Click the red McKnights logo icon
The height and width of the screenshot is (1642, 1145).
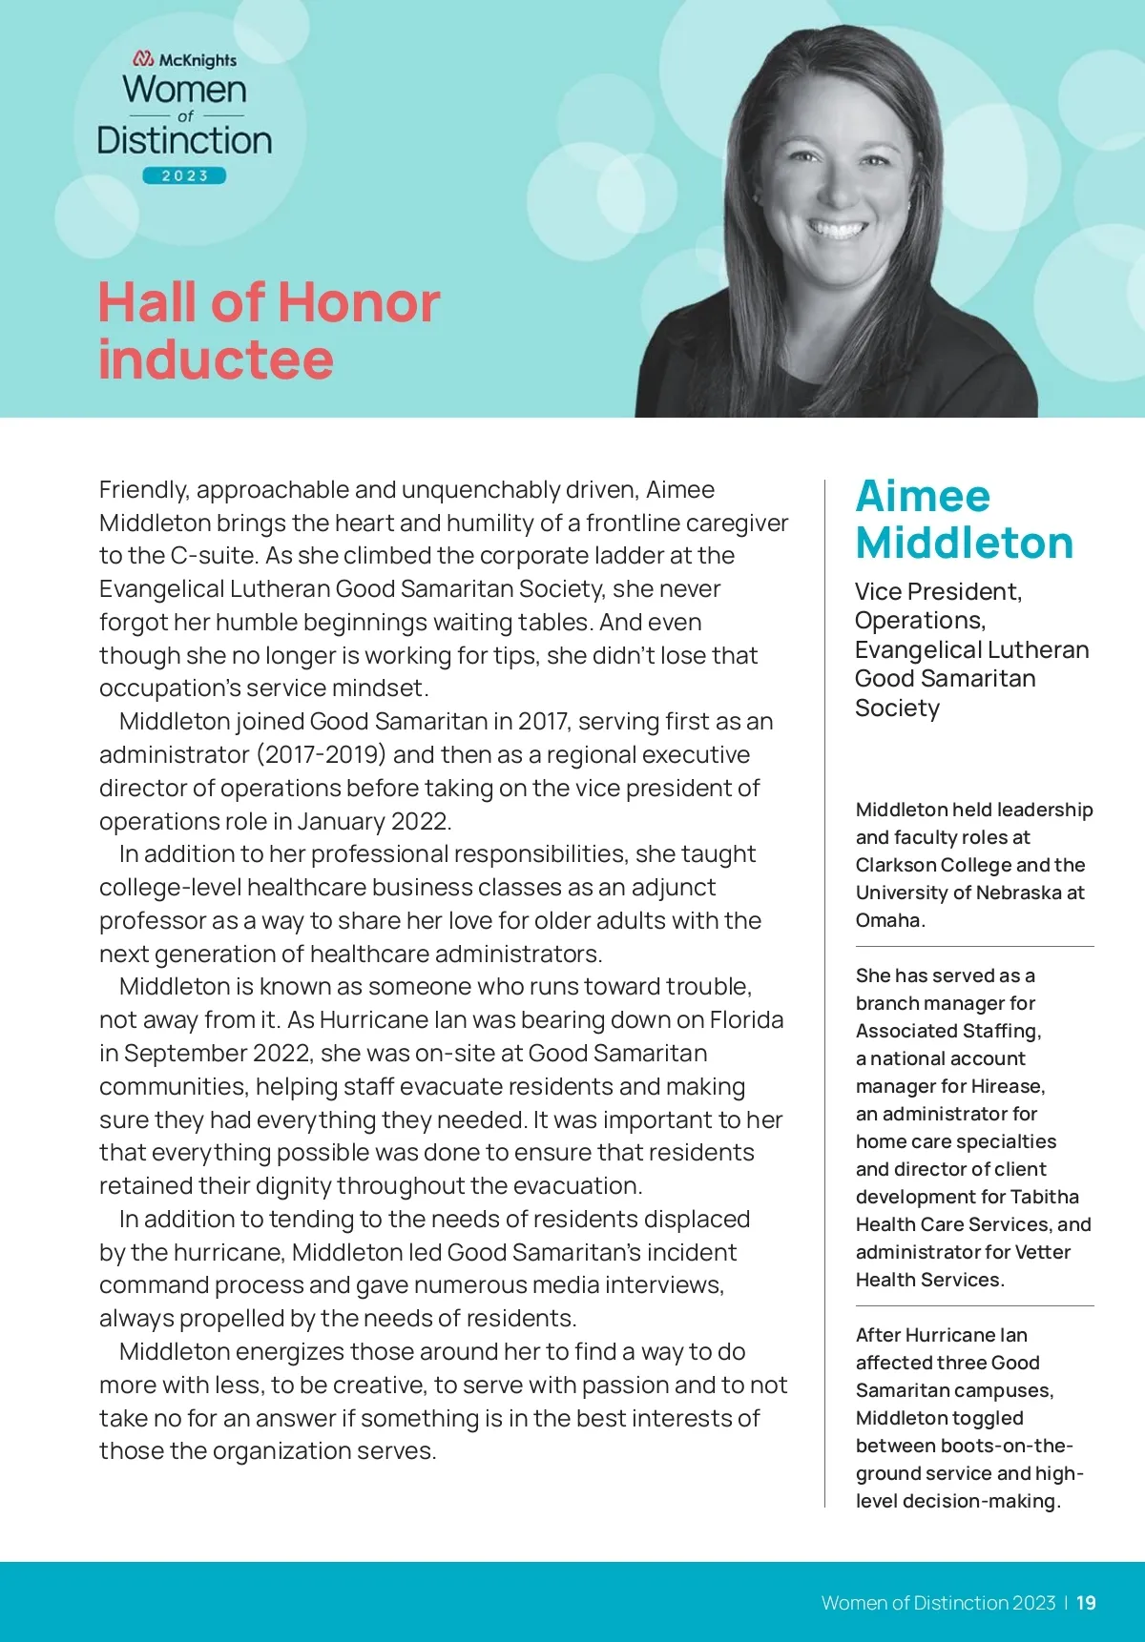pos(143,59)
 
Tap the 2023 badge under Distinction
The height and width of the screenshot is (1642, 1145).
pos(184,175)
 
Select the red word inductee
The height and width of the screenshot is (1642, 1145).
pos(216,359)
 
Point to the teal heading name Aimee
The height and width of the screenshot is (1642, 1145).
pos(923,496)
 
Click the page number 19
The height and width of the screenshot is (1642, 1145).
pos(1086,1603)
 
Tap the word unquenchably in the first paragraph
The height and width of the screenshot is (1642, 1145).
pos(481,490)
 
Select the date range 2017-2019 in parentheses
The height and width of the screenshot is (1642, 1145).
pos(321,755)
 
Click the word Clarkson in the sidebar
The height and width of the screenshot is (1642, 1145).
pos(895,865)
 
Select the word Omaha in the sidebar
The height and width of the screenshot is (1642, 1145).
pos(888,920)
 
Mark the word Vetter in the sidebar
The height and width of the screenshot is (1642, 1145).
pos(1043,1252)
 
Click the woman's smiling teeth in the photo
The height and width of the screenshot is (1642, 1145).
pos(837,230)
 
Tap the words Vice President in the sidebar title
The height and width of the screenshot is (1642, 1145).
pos(937,592)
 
